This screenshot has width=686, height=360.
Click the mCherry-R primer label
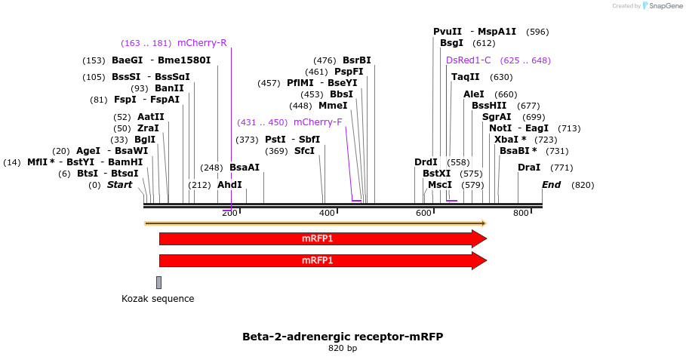click(x=201, y=43)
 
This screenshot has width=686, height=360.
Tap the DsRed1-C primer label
click(x=468, y=60)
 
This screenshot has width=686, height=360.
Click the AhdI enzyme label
click(x=229, y=185)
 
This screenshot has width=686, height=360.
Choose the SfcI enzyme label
click(x=304, y=151)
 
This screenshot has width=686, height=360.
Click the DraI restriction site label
click(x=528, y=168)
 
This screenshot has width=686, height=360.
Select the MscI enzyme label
click(x=439, y=185)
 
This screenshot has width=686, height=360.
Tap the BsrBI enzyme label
click(x=356, y=60)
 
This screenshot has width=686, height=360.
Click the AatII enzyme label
click(x=150, y=117)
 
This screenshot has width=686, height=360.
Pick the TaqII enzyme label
click(x=465, y=77)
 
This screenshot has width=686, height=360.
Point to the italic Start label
click(x=119, y=185)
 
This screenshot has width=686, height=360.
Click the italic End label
click(x=552, y=185)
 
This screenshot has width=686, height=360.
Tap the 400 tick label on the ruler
click(x=327, y=214)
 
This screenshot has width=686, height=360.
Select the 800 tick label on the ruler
click(x=521, y=214)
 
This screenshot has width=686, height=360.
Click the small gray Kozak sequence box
click(x=158, y=282)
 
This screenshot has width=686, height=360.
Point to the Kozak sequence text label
click(x=158, y=299)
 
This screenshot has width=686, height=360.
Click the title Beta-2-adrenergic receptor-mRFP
click(x=343, y=336)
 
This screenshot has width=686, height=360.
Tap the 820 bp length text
click(x=343, y=348)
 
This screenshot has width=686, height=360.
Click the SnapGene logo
click(x=662, y=6)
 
